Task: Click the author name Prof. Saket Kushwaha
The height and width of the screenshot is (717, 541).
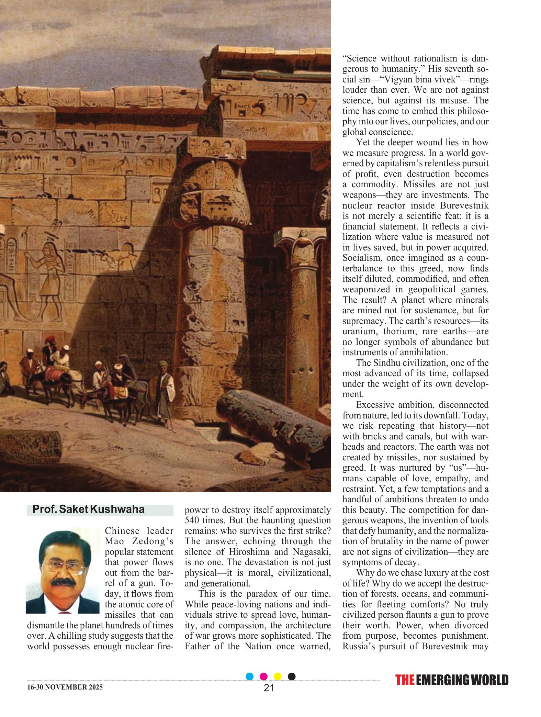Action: pos(89,509)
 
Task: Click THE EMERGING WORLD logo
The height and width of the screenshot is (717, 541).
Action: pos(452,680)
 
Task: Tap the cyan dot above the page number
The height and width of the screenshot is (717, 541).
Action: pos(250,676)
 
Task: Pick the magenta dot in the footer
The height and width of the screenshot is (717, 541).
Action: pos(264,676)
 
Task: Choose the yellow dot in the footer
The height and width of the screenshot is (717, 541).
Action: pos(278,676)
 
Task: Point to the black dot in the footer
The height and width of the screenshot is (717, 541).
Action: pos(292,676)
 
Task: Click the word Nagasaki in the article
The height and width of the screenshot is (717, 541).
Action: pos(312,552)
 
